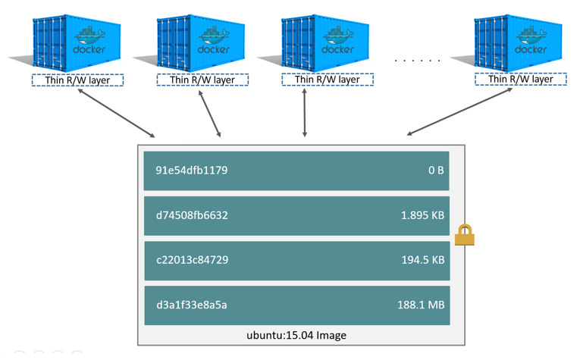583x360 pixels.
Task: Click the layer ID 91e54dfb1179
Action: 186,171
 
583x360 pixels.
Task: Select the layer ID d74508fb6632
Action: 191,215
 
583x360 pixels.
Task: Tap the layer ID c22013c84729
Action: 192,260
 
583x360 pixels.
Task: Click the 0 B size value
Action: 435,171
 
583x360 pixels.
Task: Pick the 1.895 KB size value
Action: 422,215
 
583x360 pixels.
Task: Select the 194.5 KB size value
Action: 422,260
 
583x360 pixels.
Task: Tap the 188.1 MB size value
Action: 422,305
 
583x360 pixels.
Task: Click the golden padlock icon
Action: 464,236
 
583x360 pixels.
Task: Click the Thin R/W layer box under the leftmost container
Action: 77,80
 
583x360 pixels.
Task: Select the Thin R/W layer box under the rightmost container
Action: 519,79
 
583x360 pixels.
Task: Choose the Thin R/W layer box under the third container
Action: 327,79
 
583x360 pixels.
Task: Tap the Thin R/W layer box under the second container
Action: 202,80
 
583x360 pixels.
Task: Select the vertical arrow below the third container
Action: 305,113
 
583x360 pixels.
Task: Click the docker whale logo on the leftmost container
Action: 89,36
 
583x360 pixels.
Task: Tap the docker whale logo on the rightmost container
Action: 531,36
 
